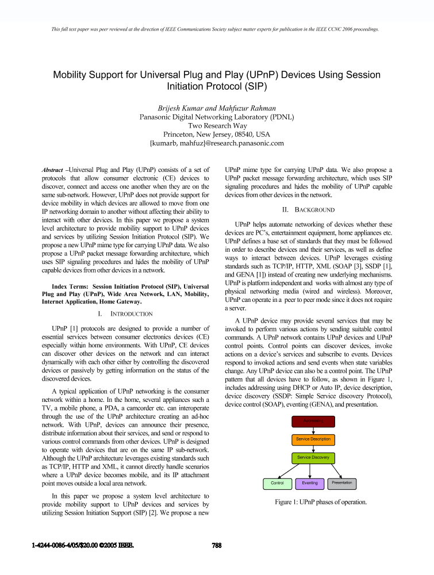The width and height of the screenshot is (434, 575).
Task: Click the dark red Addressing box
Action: tap(313, 421)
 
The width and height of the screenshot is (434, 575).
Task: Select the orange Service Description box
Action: tap(313, 439)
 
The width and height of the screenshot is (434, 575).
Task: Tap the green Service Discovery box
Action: tap(313, 458)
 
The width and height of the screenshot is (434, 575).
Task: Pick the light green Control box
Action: tap(277, 484)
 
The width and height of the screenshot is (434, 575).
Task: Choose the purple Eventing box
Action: tap(310, 484)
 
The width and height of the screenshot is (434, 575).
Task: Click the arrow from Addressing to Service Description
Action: tap(313, 430)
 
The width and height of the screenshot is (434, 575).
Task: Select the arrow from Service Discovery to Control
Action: tap(292, 471)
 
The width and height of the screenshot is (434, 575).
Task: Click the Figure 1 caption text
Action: tap(313, 502)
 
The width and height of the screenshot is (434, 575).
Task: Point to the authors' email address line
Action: tap(217, 144)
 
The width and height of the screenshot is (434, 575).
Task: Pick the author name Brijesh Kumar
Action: tap(182, 108)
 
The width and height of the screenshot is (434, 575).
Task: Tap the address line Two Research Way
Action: tap(217, 125)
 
